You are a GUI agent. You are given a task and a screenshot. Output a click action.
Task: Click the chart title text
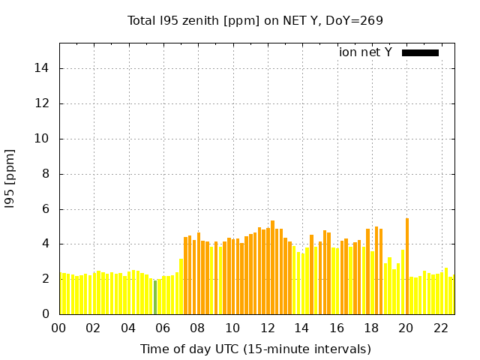point(255,20)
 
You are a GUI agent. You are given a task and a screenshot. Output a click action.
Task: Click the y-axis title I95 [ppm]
point(10,178)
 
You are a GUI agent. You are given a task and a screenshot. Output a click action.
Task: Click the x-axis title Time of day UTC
point(255,349)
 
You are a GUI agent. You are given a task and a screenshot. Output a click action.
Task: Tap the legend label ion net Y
point(365,52)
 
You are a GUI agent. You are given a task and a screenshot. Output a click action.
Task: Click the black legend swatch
point(420,52)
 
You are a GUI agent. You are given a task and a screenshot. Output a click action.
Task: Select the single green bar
point(155,297)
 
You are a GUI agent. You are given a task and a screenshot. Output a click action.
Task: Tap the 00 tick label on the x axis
point(59,328)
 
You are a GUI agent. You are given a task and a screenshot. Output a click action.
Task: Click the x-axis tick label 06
point(163,328)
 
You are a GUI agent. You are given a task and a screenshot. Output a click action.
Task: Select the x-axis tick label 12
point(268,328)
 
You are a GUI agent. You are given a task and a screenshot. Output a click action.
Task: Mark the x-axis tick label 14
point(302,328)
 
